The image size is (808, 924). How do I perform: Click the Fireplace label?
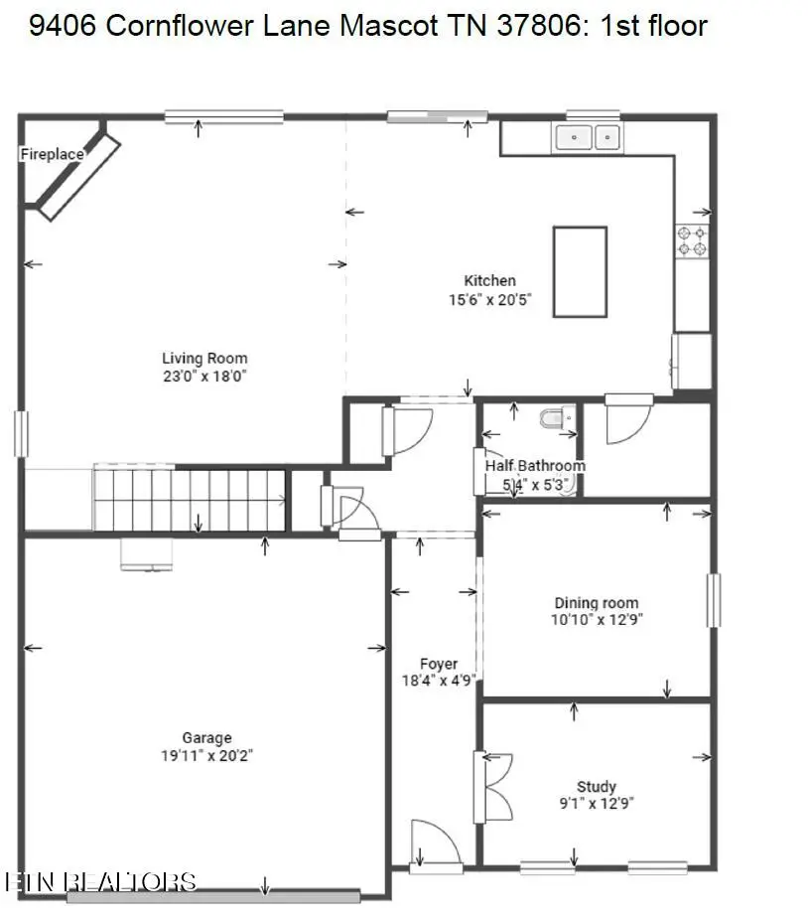pyautogui.click(x=52, y=154)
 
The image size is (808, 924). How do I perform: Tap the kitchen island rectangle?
pyautogui.click(x=580, y=271)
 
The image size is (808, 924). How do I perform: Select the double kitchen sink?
pyautogui.click(x=588, y=137)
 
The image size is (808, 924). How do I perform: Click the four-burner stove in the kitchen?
pyautogui.click(x=693, y=241)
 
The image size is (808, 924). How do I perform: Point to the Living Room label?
pyautogui.click(x=204, y=359)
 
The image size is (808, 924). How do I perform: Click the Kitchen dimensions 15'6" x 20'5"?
pyautogui.click(x=490, y=298)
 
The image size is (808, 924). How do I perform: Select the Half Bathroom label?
pyautogui.click(x=534, y=465)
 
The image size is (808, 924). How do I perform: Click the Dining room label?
pyautogui.click(x=596, y=602)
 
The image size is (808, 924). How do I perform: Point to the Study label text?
pyautogui.click(x=597, y=786)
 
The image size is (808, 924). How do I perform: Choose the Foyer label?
pyautogui.click(x=439, y=664)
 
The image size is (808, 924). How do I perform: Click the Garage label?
pyautogui.click(x=206, y=737)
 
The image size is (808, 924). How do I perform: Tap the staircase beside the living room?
pyautogui.click(x=191, y=499)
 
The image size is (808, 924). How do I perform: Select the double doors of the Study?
pyautogui.click(x=492, y=787)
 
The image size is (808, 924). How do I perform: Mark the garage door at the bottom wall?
pyautogui.click(x=212, y=896)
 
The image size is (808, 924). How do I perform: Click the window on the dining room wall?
pyautogui.click(x=713, y=600)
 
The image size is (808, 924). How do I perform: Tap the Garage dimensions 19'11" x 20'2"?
pyautogui.click(x=206, y=756)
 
